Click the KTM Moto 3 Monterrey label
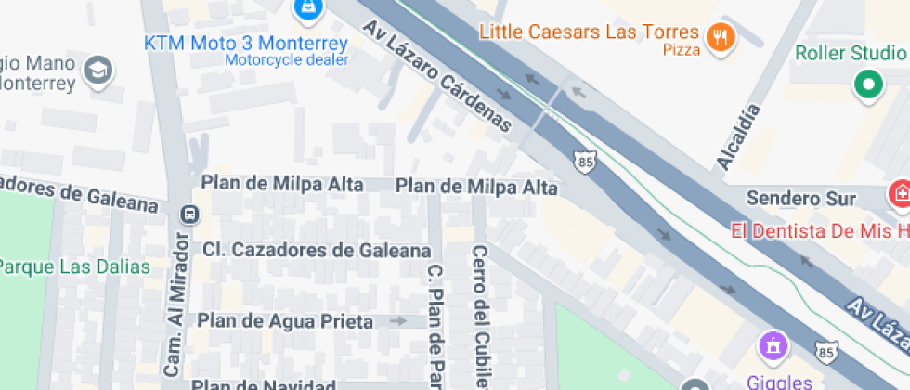pyautogui.click(x=246, y=43)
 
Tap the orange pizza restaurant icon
pyautogui.click(x=721, y=37)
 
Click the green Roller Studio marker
pyautogui.click(x=868, y=85)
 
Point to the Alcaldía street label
pyautogui.click(x=738, y=137)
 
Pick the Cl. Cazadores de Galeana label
pyautogui.click(x=317, y=250)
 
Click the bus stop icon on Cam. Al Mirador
pyautogui.click(x=189, y=214)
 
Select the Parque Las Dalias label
pyautogui.click(x=74, y=267)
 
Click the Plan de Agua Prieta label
pyautogui.click(x=285, y=321)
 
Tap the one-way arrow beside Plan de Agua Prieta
pyautogui.click(x=398, y=321)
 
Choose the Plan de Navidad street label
pyautogui.click(x=264, y=384)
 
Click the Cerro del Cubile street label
pyautogui.click(x=480, y=316)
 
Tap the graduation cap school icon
pyautogui.click(x=97, y=69)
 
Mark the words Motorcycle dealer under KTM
pyautogui.click(x=286, y=61)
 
